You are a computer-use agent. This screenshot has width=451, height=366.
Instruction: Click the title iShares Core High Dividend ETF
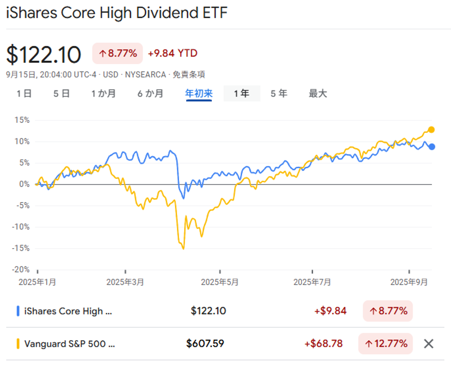[x=117, y=13]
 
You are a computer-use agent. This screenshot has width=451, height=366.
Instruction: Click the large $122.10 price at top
[x=43, y=54]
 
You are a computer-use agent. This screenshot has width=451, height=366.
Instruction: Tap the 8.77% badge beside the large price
[x=118, y=53]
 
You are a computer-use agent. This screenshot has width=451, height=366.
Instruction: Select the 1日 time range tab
[x=24, y=94]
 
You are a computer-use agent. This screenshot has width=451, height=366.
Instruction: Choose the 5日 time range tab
[x=62, y=94]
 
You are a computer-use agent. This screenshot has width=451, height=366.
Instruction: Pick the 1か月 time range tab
[x=103, y=94]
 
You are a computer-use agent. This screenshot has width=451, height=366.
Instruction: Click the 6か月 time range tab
[x=150, y=94]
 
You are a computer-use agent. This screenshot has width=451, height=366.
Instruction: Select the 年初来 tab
[x=199, y=94]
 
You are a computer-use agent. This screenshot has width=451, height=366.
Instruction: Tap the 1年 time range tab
[x=242, y=94]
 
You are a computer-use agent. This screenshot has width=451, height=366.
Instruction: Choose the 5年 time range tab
[x=279, y=94]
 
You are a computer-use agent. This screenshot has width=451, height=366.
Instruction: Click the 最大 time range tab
[x=318, y=94]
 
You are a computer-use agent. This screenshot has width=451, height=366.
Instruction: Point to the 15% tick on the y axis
[x=22, y=120]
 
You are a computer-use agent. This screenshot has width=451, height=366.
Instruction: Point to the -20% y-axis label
[x=21, y=269]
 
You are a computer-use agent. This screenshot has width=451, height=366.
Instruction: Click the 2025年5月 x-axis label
[x=219, y=282]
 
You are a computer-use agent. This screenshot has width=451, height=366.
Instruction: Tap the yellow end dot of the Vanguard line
[x=431, y=129]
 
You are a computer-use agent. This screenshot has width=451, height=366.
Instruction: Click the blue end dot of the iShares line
[x=432, y=147]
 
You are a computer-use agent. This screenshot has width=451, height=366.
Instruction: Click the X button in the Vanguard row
[x=428, y=344]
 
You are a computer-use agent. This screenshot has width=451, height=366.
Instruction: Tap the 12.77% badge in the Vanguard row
[x=385, y=344]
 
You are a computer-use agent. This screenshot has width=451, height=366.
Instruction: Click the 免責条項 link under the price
[x=189, y=74]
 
